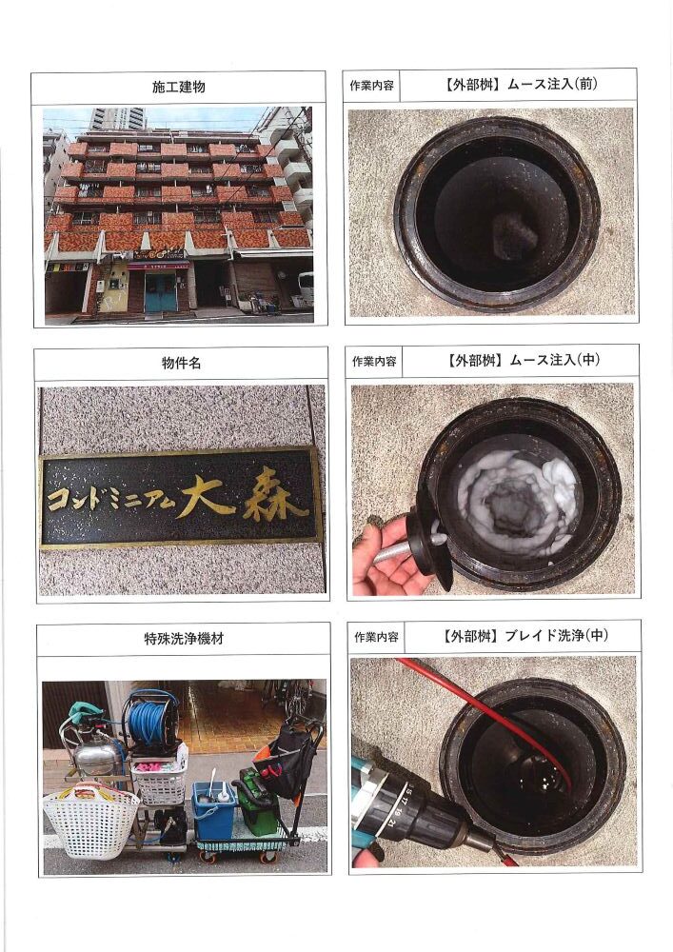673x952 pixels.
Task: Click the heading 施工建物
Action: click(178, 87)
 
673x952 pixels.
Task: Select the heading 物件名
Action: click(181, 363)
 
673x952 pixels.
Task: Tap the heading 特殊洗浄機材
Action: click(184, 638)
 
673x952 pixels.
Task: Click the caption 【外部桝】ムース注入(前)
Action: click(520, 85)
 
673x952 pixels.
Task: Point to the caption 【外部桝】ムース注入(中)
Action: click(523, 360)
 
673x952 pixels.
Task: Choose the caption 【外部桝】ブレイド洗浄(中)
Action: click(525, 636)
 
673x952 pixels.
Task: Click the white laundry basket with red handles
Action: click(91, 820)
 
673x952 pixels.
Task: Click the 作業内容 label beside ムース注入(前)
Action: click(371, 86)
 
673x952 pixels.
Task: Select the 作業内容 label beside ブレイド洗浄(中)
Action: click(376, 637)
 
